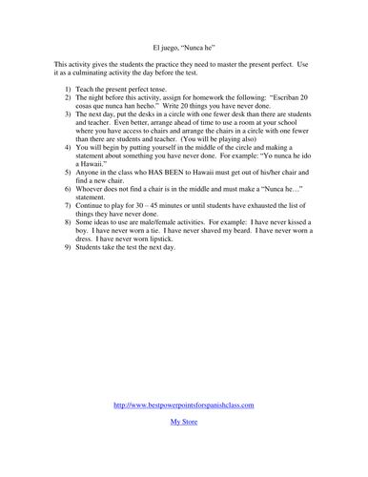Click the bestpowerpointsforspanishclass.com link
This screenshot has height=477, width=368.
point(184,404)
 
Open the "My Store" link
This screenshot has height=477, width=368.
point(184,420)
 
